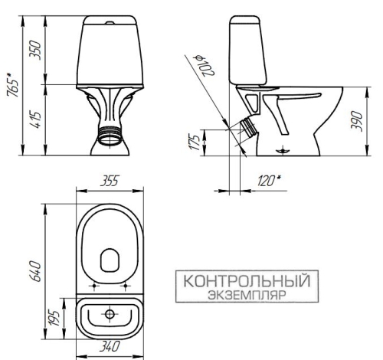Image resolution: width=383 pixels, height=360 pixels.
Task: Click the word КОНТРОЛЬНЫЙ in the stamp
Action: [245, 280]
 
